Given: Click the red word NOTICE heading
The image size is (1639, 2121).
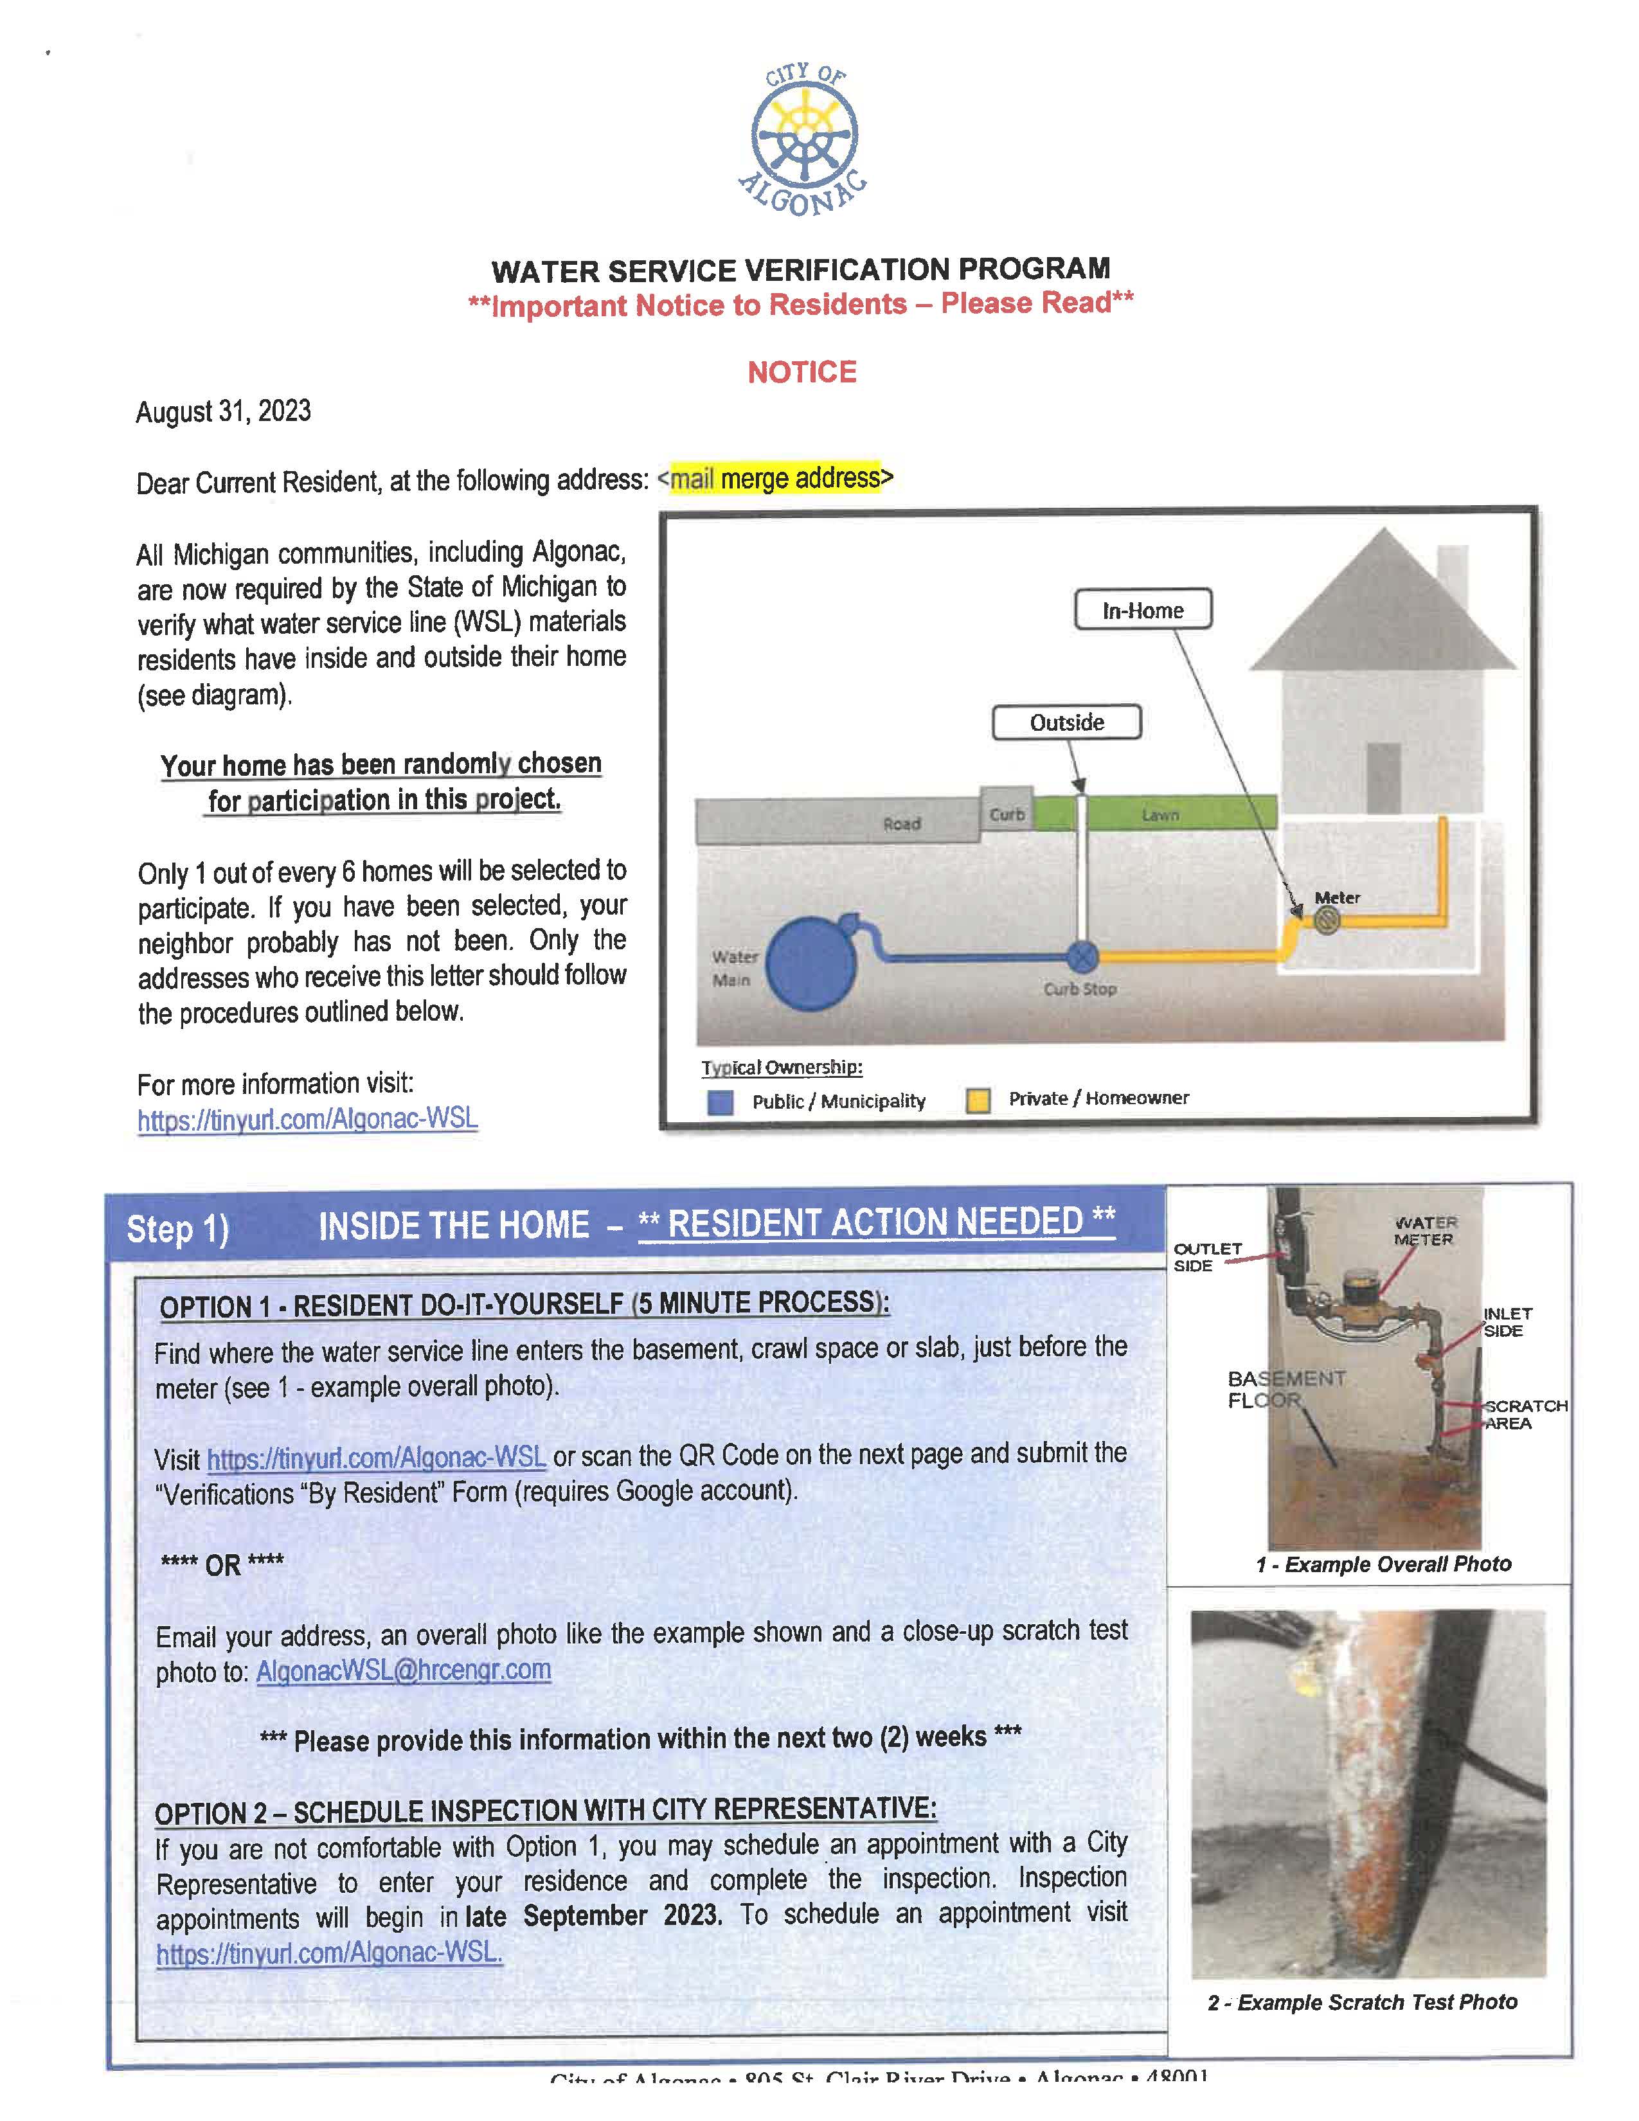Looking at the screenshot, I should point(802,372).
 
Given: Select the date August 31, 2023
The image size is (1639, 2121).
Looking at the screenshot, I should point(223,412).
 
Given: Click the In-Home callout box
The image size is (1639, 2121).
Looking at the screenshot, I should point(1143,610).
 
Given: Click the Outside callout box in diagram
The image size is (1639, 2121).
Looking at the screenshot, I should point(1066,722).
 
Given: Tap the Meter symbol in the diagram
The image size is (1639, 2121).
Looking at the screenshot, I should point(1327,920).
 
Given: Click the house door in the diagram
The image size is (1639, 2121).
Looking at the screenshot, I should point(1384,778).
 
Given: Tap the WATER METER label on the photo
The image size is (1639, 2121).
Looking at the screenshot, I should point(1424,1231).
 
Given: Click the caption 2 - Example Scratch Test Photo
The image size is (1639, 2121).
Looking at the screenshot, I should point(1362,2003).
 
